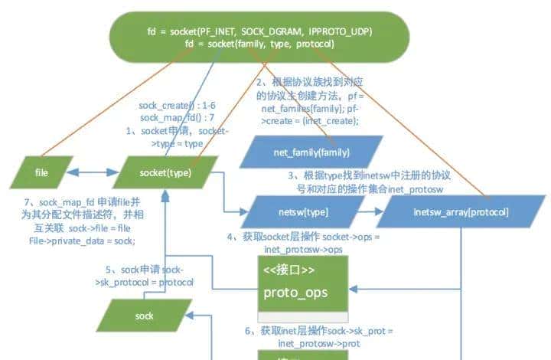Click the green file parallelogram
[42, 173]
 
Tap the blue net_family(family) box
[311, 152]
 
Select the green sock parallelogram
[144, 315]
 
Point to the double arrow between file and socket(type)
[92, 173]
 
